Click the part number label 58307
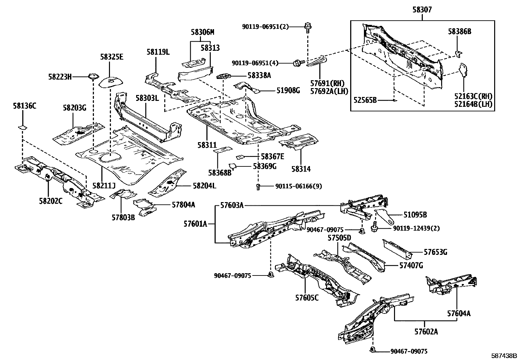click(422, 10)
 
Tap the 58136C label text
click(25, 106)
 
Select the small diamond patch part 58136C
click(22, 127)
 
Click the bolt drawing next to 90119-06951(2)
click(308, 27)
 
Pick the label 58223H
click(60, 77)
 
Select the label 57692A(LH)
click(329, 91)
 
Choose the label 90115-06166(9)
click(298, 186)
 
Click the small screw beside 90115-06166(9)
click(258, 187)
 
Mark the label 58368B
click(220, 172)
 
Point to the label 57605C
click(307, 298)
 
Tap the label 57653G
click(435, 252)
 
